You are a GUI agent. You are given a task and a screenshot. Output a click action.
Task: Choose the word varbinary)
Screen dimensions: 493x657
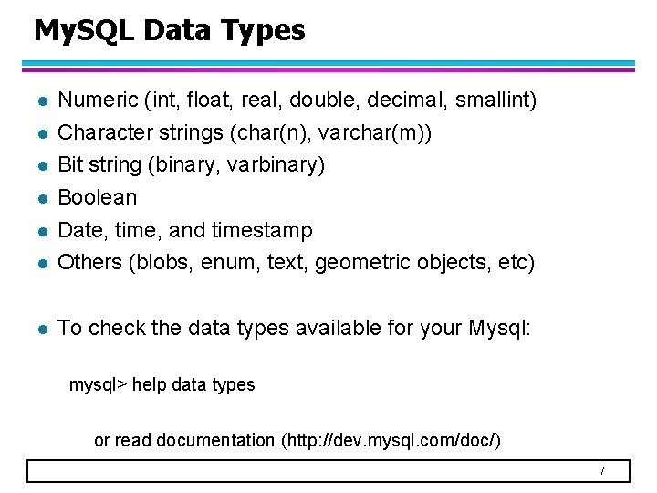[x=276, y=165]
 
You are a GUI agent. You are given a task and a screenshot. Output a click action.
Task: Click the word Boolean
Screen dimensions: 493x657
[x=98, y=197]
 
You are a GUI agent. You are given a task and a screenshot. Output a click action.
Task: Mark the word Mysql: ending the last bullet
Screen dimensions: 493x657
[x=499, y=328]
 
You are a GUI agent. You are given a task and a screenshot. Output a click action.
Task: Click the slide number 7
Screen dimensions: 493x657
[x=602, y=471]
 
